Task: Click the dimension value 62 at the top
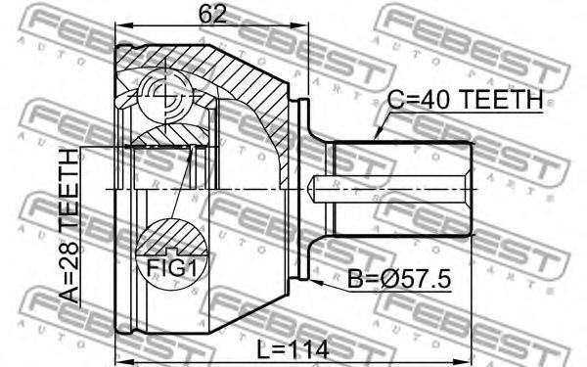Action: (x=212, y=15)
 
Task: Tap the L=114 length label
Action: (x=293, y=350)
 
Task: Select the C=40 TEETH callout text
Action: (x=465, y=100)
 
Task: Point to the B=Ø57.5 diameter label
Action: (x=399, y=279)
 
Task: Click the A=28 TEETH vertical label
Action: (x=68, y=226)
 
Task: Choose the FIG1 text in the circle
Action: (x=172, y=268)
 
